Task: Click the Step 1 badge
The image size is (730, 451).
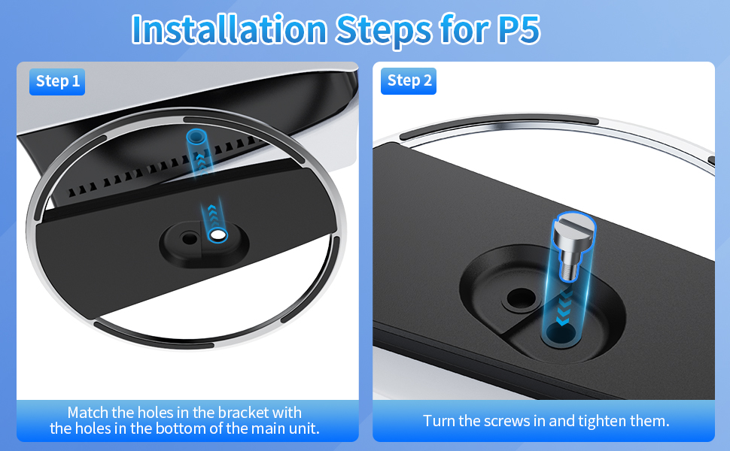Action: click(x=57, y=81)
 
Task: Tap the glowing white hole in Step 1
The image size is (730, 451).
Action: click(x=218, y=236)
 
